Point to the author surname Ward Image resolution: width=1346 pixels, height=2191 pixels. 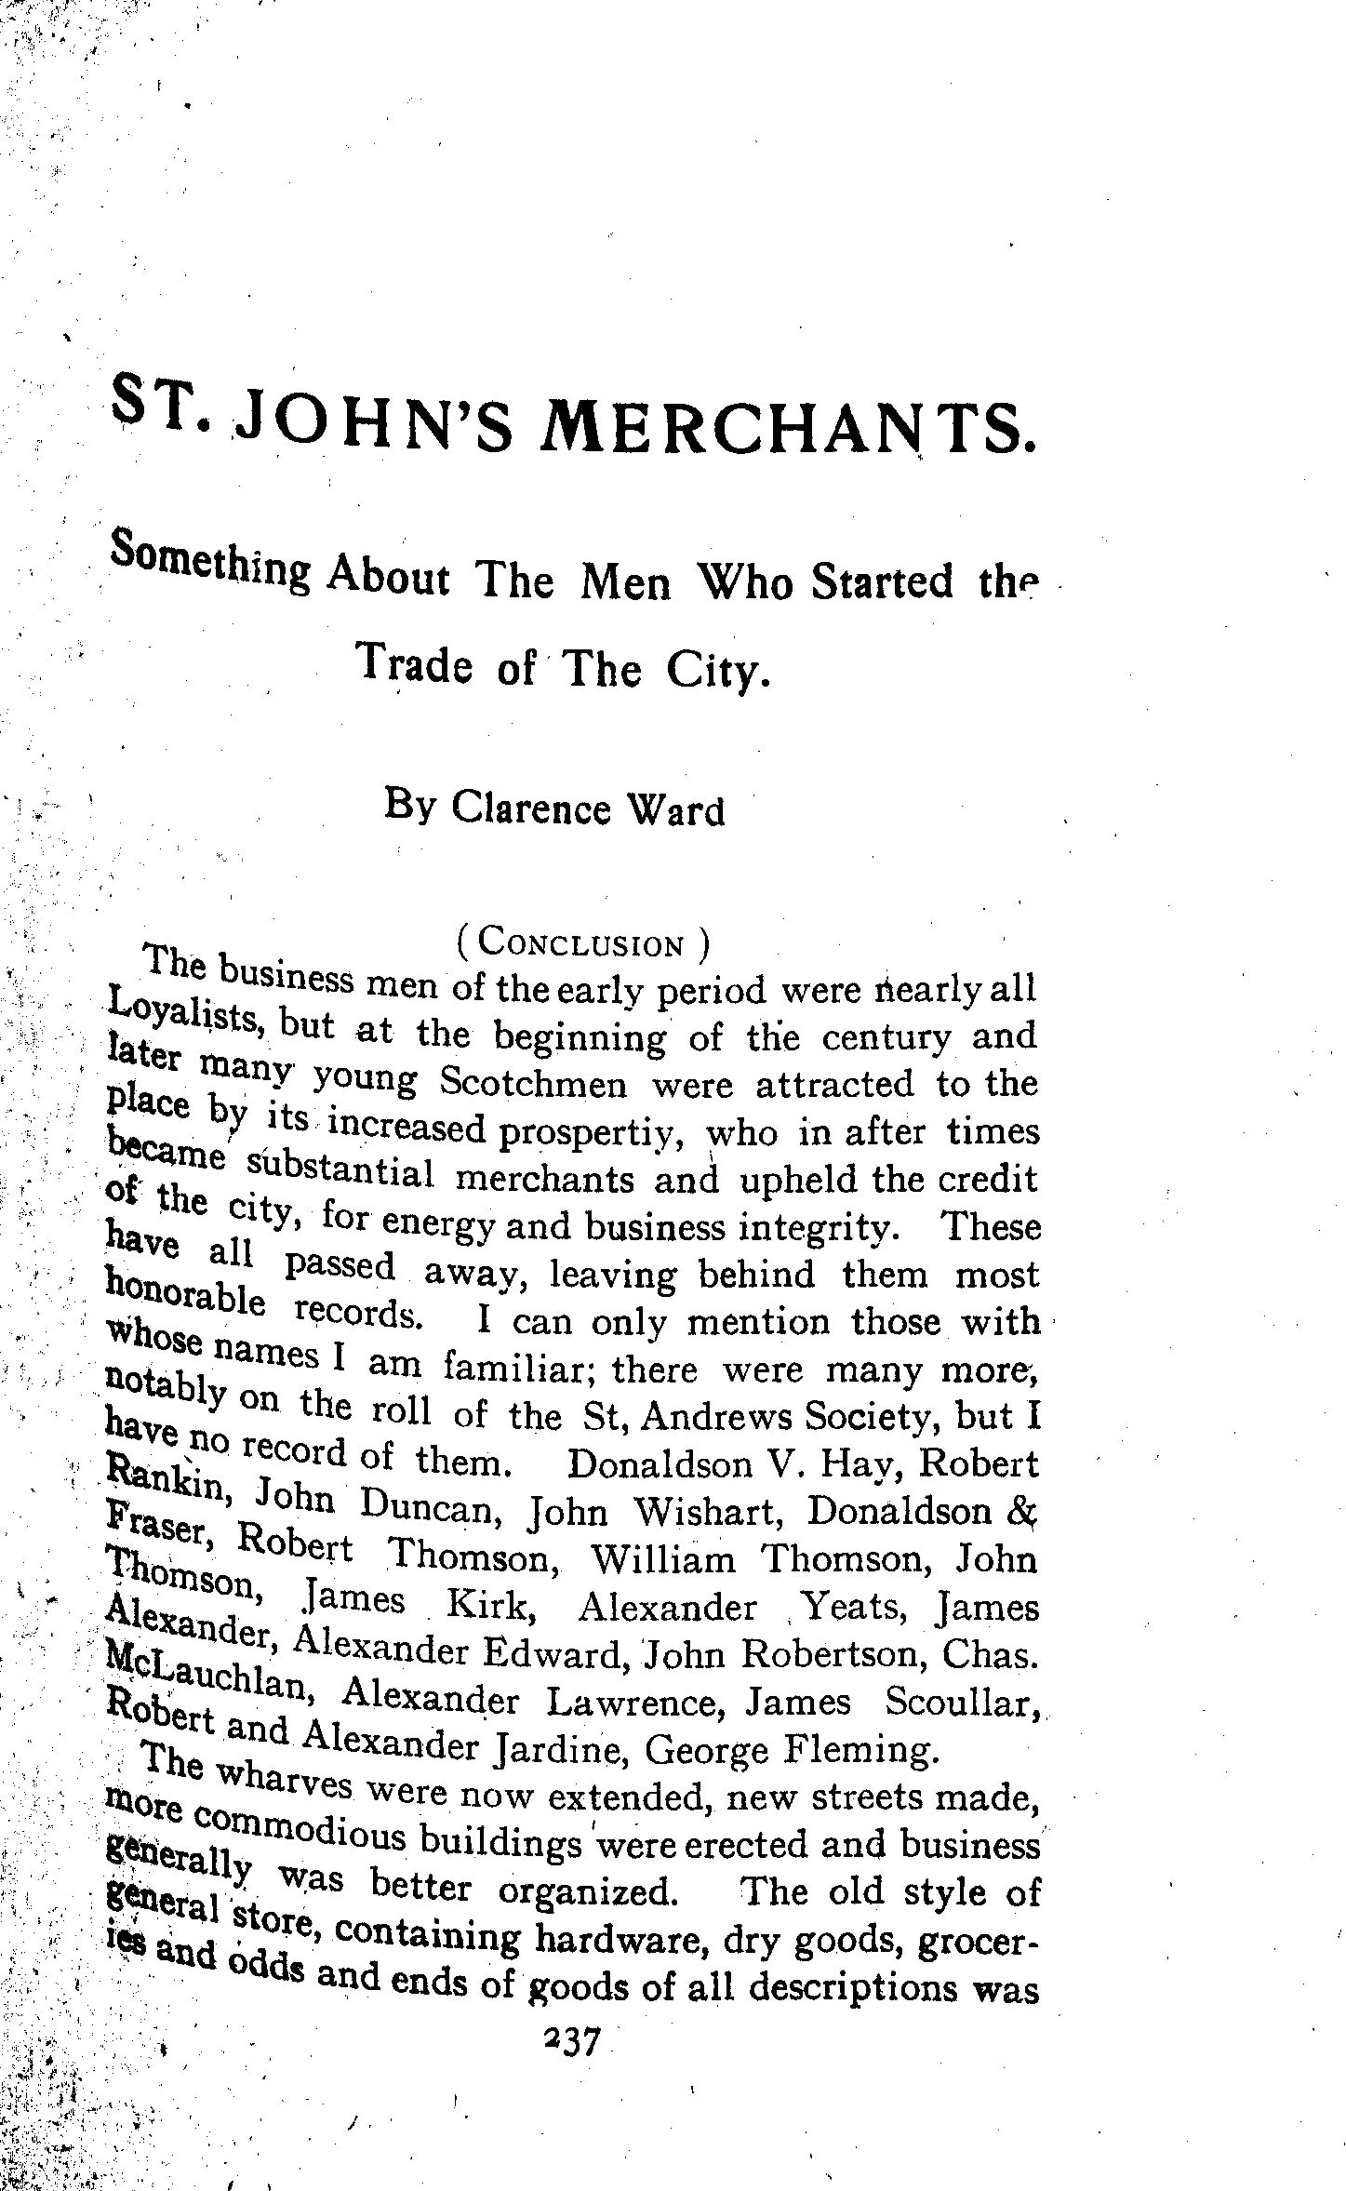click(x=676, y=809)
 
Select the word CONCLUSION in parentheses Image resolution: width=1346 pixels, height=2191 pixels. click(x=585, y=945)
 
